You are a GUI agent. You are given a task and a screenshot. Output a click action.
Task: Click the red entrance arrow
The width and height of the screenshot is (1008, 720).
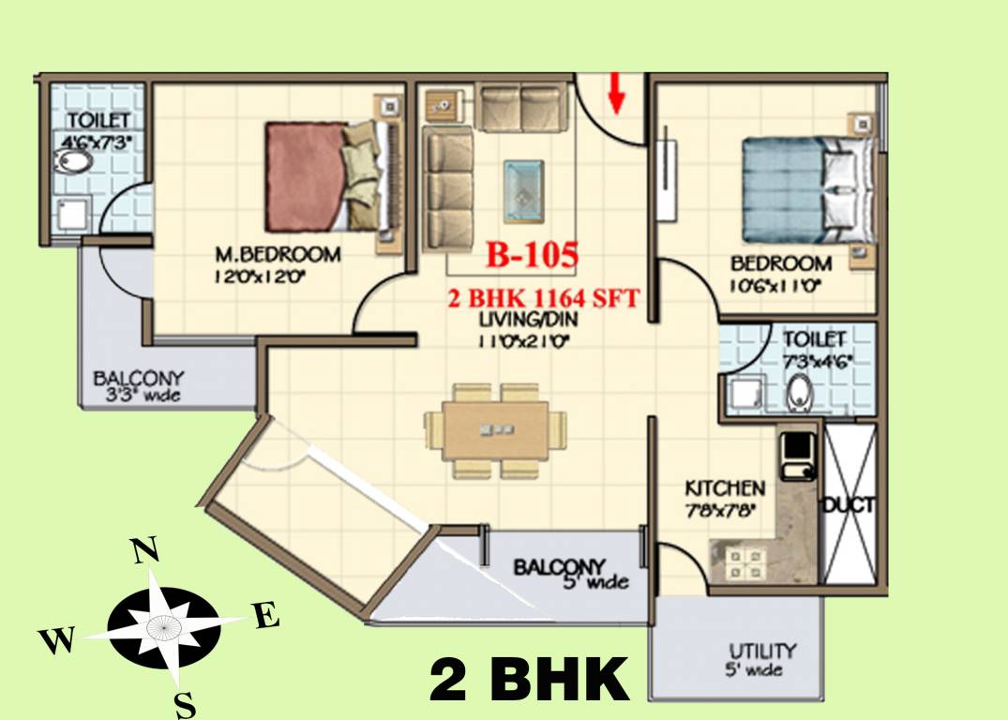point(615,93)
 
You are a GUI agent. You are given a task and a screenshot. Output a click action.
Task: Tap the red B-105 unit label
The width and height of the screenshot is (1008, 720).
point(531,254)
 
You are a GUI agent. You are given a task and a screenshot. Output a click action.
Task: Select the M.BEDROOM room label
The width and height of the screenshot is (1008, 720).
point(278,255)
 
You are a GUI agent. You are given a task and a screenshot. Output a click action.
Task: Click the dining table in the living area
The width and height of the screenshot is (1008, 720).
point(495,430)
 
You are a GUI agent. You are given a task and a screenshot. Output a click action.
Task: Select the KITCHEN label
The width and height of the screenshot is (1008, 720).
point(725,488)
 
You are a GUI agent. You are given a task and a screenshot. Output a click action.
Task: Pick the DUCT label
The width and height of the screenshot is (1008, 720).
point(849,505)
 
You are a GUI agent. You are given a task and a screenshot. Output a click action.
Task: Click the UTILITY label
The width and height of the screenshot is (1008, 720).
point(762,651)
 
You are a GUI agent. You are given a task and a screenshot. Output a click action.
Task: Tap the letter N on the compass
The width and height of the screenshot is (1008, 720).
point(143,551)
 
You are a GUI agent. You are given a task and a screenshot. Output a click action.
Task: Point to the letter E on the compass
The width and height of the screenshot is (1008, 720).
point(266,617)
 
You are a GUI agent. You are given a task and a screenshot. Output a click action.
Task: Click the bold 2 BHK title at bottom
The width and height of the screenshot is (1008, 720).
point(530,680)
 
